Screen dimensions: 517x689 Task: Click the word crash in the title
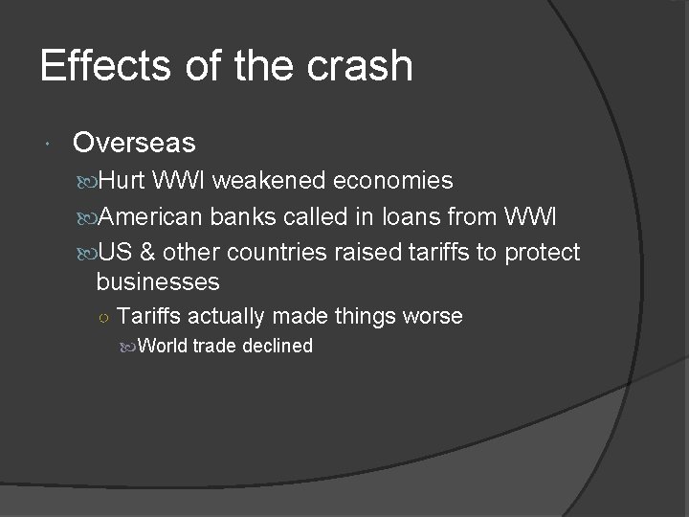[363, 66]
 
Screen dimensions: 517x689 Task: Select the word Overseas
[134, 144]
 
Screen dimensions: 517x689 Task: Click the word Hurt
[122, 181]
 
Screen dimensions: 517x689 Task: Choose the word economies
[393, 181]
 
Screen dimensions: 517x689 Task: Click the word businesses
[158, 282]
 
